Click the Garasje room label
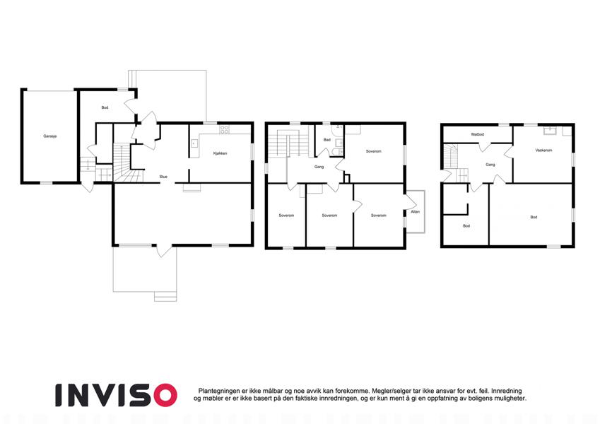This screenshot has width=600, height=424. [x=50, y=136]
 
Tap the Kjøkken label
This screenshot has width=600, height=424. [x=220, y=153]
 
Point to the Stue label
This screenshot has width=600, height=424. [x=163, y=177]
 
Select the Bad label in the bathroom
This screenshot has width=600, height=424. [x=327, y=140]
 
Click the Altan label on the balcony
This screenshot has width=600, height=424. [x=415, y=211]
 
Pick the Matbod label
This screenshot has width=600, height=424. [x=478, y=134]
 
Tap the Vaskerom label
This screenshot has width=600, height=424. [x=543, y=151]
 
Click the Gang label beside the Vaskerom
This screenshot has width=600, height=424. [x=490, y=165]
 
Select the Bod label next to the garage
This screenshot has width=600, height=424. [x=105, y=107]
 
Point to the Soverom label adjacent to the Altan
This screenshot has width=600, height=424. [x=378, y=216]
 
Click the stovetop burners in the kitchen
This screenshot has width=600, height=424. [x=225, y=130]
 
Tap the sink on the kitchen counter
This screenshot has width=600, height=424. [x=194, y=144]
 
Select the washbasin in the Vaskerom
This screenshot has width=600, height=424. [x=551, y=131]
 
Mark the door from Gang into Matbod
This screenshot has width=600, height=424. [x=484, y=146]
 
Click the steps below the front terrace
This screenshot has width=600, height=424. [x=165, y=296]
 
